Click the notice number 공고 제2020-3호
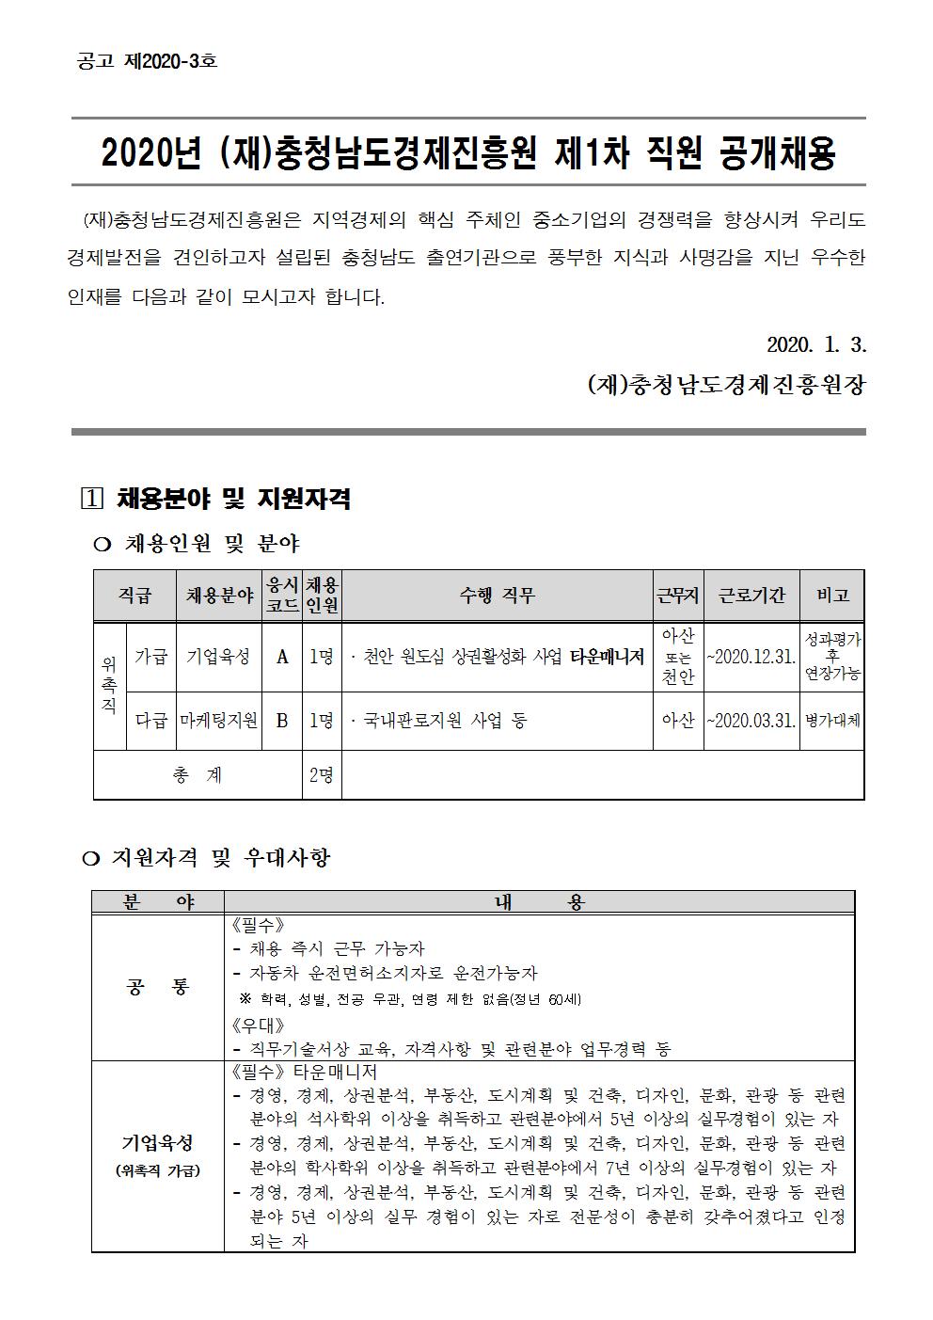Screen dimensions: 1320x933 (146, 61)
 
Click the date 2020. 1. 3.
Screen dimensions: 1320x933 (815, 345)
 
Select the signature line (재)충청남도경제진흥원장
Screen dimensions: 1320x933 (725, 385)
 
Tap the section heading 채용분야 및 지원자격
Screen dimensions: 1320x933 (233, 499)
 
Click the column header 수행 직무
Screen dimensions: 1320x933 (497, 596)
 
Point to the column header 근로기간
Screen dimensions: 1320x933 (751, 596)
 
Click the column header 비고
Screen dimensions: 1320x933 (832, 596)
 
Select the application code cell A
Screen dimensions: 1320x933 (282, 657)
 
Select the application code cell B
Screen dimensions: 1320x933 (282, 721)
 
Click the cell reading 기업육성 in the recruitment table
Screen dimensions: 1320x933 (218, 657)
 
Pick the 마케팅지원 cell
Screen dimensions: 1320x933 (218, 721)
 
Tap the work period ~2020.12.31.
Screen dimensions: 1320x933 (751, 657)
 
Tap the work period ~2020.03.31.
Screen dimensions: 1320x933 (751, 721)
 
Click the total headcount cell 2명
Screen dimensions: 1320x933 (321, 775)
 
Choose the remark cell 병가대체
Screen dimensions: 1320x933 (832, 721)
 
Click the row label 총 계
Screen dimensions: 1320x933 (198, 775)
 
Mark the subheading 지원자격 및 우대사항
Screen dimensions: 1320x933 (221, 857)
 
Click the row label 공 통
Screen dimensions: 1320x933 (157, 987)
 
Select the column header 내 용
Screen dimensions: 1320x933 (539, 901)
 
